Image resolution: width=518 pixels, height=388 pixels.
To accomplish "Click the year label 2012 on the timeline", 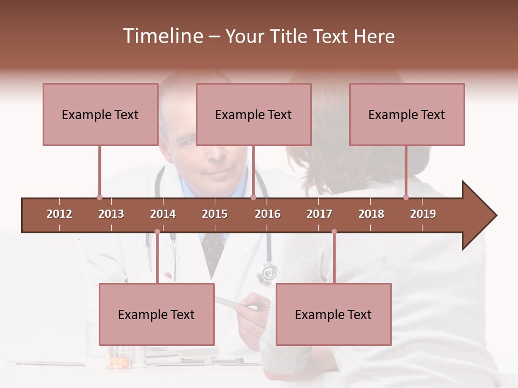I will coord(59,214).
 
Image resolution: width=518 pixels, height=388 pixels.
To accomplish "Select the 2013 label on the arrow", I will coord(111,214).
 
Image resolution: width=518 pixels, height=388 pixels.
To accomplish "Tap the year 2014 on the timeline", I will coord(163,214).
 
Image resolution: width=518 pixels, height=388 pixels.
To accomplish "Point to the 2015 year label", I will coord(215,214).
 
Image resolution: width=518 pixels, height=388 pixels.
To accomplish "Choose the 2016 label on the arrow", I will coord(268,214).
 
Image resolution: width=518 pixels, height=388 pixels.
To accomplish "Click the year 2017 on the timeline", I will coord(319,214).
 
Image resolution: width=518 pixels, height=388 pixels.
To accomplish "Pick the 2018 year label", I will coord(371,214).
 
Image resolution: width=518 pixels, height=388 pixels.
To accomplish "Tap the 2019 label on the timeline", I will coord(423,214).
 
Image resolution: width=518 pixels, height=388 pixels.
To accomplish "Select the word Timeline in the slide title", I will coord(161,36).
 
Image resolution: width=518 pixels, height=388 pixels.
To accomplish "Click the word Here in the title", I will coord(374,36).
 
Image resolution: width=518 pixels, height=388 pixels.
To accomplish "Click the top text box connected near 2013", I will coord(100,114).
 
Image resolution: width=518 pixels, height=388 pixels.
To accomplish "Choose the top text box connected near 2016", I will coord(254,114).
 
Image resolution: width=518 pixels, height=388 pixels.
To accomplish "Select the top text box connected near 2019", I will coord(407,114).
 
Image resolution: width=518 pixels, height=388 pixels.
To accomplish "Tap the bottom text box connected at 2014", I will coord(156,314).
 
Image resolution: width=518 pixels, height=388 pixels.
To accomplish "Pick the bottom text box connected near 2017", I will coord(333,314).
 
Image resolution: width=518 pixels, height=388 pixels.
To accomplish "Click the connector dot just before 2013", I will coord(99,197).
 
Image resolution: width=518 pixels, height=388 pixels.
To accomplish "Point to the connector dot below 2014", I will coord(157,232).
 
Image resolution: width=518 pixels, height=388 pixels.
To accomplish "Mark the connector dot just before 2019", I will coord(406,197).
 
